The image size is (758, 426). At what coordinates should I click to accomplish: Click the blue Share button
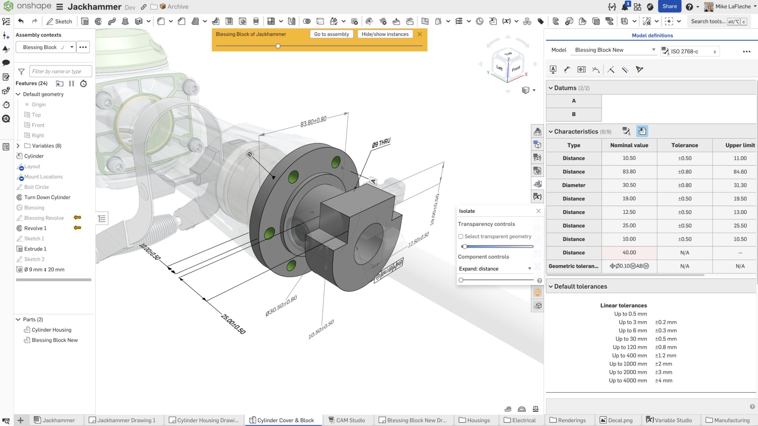(669, 6)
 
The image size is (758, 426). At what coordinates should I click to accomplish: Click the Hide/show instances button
(385, 34)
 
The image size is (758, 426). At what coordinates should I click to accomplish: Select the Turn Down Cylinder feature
(47, 197)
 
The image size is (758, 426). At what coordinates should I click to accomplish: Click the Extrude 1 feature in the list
(35, 249)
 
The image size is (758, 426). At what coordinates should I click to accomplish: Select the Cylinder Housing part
(51, 330)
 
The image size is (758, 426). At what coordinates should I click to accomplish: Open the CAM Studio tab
(350, 420)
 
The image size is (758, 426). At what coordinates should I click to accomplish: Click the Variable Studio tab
(673, 420)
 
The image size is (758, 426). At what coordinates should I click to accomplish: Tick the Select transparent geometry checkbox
(461, 236)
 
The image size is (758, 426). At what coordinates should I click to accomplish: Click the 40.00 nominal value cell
(629, 252)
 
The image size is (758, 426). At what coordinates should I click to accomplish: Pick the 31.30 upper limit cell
(740, 185)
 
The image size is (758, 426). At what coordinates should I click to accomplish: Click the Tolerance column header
(684, 145)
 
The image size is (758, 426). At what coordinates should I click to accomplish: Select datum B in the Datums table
(573, 114)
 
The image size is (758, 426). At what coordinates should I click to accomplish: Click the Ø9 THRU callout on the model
(381, 143)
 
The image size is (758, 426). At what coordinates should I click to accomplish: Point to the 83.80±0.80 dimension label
(313, 122)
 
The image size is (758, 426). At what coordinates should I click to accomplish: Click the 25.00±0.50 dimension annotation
(233, 324)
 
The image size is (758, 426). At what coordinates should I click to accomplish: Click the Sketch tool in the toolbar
(59, 21)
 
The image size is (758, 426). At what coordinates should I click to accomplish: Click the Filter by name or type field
(60, 71)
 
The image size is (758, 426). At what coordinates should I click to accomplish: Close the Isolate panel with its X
(538, 211)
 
